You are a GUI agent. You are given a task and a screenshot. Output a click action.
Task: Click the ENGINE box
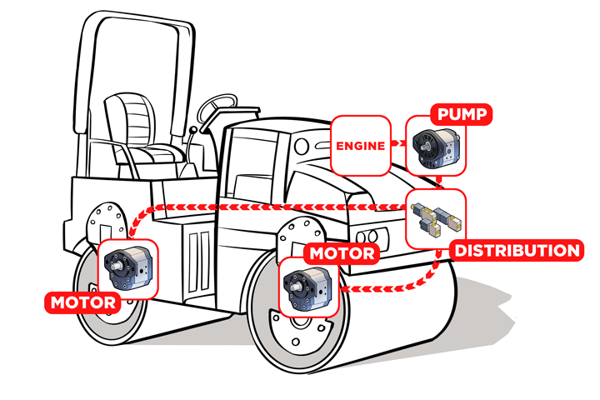pos(360,146)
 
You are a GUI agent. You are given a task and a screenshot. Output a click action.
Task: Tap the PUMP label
pos(461,115)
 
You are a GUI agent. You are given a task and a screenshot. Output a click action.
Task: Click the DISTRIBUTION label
pos(515,250)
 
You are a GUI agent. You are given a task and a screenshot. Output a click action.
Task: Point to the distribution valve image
pos(436,218)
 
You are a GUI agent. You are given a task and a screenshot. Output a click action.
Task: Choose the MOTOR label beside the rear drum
pos(82,302)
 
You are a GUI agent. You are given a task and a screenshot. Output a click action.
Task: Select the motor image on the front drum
pos(309,287)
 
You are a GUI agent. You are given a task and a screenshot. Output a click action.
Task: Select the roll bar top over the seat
pos(125,25)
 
